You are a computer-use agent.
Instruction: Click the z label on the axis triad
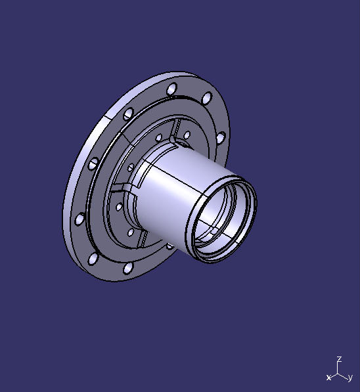pyautogui.click(x=338, y=359)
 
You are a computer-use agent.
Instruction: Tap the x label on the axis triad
pyautogui.click(x=328, y=378)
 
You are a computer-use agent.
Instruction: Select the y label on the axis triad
pyautogui.click(x=351, y=378)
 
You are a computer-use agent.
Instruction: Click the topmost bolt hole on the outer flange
pyautogui.click(x=171, y=89)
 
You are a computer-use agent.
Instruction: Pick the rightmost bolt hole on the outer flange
pyautogui.click(x=221, y=139)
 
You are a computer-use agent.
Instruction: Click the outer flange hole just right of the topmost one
pyautogui.click(x=207, y=99)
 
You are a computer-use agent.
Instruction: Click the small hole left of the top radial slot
pyautogui.click(x=158, y=137)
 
